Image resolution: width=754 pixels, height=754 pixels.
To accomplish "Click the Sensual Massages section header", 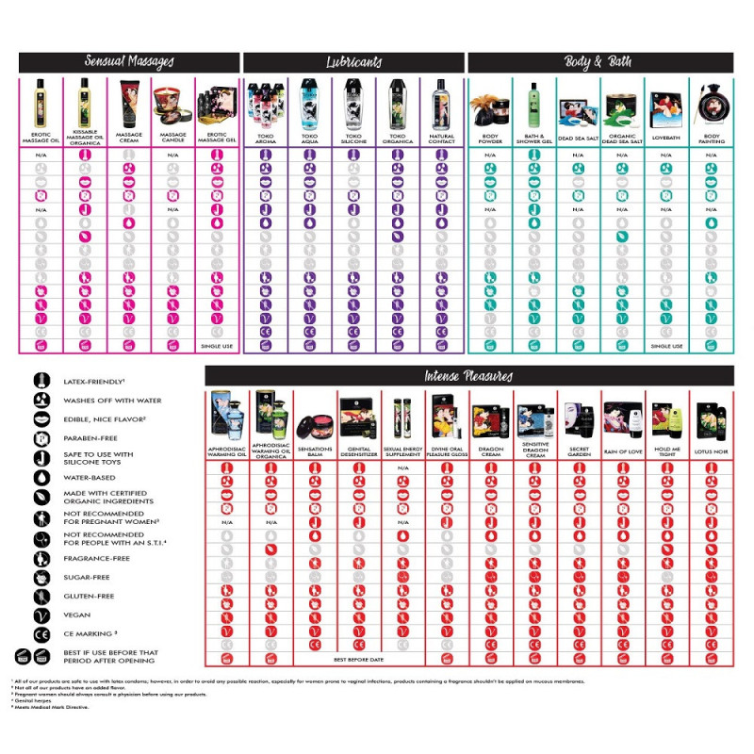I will [x=129, y=62].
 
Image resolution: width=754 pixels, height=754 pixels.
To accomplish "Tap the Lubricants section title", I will [x=353, y=62].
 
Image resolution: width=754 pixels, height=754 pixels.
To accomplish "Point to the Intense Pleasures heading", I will [x=468, y=376].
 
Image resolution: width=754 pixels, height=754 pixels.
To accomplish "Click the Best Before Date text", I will [x=360, y=659].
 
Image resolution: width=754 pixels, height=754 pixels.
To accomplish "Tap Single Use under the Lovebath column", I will [x=666, y=346].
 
